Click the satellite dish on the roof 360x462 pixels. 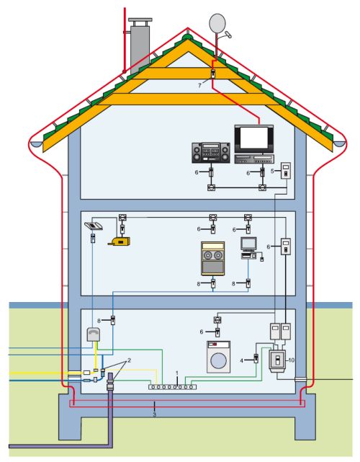tap(217, 23)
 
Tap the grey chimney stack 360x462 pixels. tap(140, 45)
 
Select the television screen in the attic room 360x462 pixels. tap(253, 138)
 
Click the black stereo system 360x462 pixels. tap(211, 153)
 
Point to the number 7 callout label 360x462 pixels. tap(200, 86)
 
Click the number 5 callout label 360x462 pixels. tap(272, 171)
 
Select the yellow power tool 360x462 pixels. tap(120, 241)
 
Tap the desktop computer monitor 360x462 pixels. tap(248, 244)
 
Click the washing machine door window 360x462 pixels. tap(218, 360)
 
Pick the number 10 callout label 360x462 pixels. tap(291, 360)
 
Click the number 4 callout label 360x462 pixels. tap(242, 360)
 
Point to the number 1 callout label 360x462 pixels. tap(177, 373)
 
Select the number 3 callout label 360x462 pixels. tap(154, 414)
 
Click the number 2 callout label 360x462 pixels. tap(129, 360)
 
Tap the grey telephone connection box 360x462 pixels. tap(94, 334)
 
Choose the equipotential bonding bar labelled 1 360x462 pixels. tap(173, 386)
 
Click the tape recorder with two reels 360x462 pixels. tap(213, 259)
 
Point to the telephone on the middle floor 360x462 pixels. tap(94, 226)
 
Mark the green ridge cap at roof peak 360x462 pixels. tap(186, 37)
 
